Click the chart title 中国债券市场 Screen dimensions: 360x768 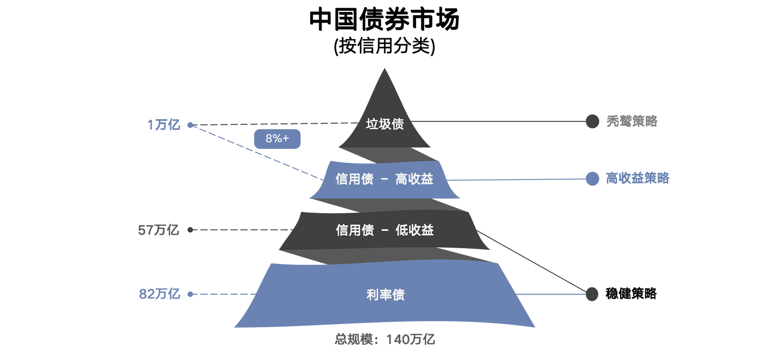tap(384, 20)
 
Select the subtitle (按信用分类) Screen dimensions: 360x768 tap(384, 47)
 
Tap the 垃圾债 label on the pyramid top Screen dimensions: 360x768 tap(384, 124)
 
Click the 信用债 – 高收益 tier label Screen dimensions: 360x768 tap(384, 179)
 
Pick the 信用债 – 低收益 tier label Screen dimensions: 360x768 tap(384, 230)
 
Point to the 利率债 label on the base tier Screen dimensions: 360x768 tap(385, 295)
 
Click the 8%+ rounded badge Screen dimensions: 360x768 tap(277, 139)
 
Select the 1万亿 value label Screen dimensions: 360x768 tap(164, 125)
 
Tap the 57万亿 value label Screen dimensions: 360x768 tap(158, 230)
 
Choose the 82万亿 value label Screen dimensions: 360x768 tap(159, 294)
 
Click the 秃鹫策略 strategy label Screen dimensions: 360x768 tap(632, 121)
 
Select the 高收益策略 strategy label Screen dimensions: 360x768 tap(637, 179)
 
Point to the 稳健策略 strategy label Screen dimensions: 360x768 tap(631, 293)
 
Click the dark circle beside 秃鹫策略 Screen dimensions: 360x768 tap(592, 121)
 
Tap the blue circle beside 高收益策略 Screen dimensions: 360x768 tap(592, 179)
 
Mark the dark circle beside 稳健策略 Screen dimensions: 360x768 tap(592, 294)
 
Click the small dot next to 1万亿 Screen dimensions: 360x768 tap(190, 125)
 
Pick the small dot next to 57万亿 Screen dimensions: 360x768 tap(190, 230)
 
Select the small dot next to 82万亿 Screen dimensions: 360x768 tap(190, 294)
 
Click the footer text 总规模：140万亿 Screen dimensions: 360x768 tap(384, 339)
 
